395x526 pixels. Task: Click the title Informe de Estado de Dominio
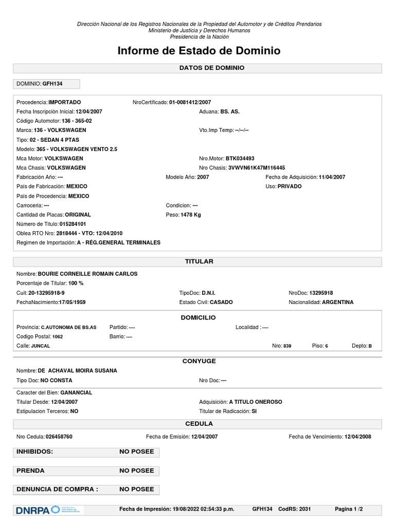pyautogui.click(x=199, y=51)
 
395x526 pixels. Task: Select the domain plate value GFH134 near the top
pyautogui.click(x=52, y=84)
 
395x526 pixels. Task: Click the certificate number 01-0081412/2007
pyautogui.click(x=190, y=102)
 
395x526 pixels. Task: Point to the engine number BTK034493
pyautogui.click(x=240, y=158)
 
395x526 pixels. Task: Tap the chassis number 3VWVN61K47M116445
pyautogui.click(x=257, y=167)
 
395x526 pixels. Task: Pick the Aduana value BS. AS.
pyautogui.click(x=230, y=111)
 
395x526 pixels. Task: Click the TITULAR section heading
pyautogui.click(x=199, y=261)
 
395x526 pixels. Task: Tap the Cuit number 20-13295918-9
pyautogui.click(x=46, y=292)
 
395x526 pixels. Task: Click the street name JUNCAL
pyautogui.click(x=41, y=346)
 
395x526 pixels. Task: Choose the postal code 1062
pyautogui.click(x=58, y=336)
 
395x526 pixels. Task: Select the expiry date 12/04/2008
pyautogui.click(x=358, y=437)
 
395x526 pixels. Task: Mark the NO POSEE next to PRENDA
pyautogui.click(x=136, y=471)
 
